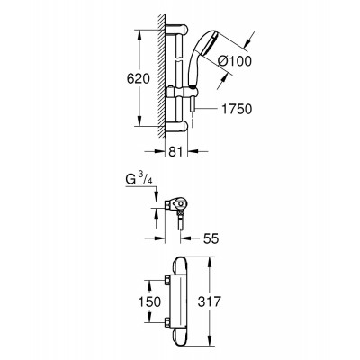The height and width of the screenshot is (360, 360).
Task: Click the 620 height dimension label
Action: [x=138, y=78]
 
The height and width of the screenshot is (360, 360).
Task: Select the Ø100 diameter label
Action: [x=235, y=61]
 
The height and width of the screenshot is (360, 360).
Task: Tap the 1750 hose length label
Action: [x=237, y=109]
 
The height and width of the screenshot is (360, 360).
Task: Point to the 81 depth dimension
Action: [x=176, y=151]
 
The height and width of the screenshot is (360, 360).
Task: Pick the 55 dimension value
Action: [x=211, y=238]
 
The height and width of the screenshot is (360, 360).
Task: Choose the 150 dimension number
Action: [x=149, y=301]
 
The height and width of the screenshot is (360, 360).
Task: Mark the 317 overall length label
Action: [x=210, y=301]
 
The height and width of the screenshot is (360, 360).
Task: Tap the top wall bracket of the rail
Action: [x=177, y=30]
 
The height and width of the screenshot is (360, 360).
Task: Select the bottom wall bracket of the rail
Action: [x=177, y=126]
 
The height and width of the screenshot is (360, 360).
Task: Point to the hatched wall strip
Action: [x=162, y=76]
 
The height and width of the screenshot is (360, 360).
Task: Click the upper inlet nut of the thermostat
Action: [x=166, y=281]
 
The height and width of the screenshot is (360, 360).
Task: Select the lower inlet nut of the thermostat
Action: [x=166, y=322]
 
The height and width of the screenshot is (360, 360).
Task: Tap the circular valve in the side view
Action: [x=180, y=205]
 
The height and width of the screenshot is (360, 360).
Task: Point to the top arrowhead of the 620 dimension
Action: [x=139, y=34]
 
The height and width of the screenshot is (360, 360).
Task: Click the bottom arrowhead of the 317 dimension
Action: [x=210, y=342]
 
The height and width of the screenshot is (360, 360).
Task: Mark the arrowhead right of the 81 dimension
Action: [x=193, y=151]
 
